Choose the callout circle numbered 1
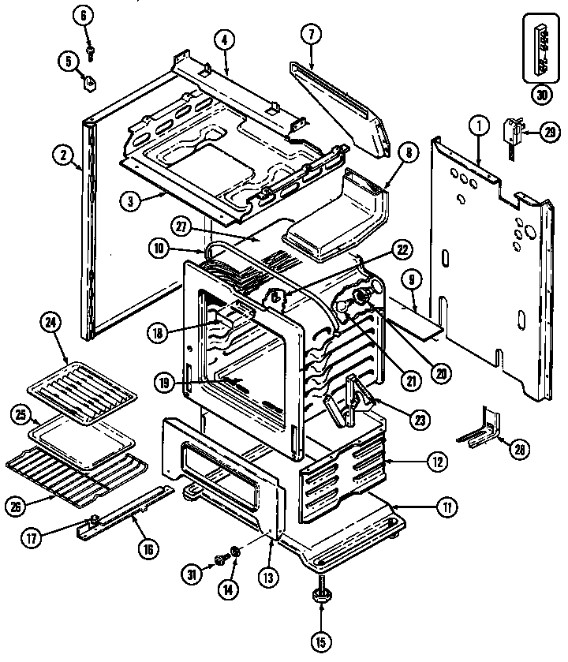coord(477,124)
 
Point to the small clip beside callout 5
coord(92,80)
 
